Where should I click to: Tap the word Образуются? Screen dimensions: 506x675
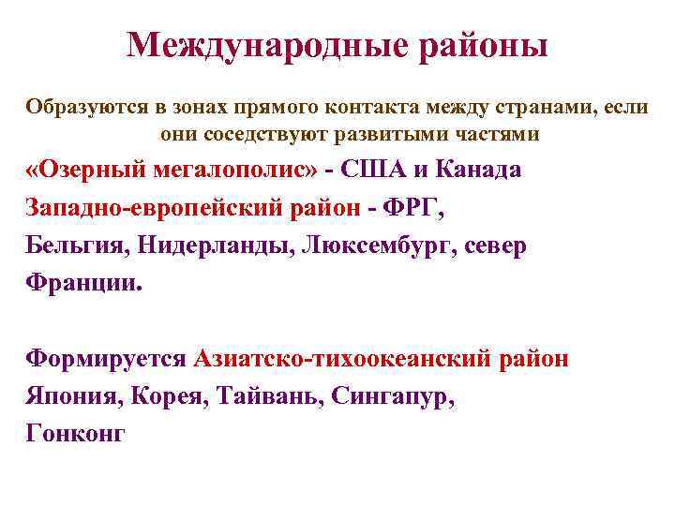79,107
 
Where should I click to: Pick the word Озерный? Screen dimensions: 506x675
92,171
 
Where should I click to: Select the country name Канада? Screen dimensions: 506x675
481,171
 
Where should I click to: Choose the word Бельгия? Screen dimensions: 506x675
77,246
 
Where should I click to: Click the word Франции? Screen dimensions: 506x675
82,284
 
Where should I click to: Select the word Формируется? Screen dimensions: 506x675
106,359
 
